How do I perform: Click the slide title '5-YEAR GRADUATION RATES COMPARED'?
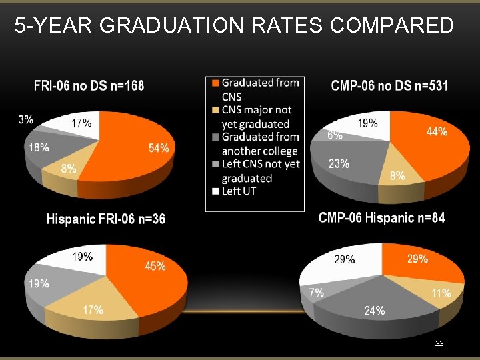click(x=234, y=26)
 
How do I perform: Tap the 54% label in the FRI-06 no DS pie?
click(x=159, y=148)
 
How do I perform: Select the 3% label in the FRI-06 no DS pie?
click(x=26, y=120)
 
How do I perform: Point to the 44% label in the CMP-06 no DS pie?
click(x=437, y=132)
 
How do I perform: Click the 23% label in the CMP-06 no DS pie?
click(x=339, y=164)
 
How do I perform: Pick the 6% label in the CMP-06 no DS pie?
click(x=335, y=135)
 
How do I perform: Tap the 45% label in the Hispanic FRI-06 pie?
click(x=155, y=266)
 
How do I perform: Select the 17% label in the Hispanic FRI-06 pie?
click(x=93, y=309)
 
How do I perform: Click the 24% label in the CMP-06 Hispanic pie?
click(x=374, y=310)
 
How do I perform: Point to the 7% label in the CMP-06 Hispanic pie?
click(x=316, y=292)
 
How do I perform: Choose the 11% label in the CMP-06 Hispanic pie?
click(x=441, y=293)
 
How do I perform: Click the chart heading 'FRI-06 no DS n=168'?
click(x=89, y=85)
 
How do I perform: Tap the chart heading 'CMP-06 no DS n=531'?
click(x=389, y=85)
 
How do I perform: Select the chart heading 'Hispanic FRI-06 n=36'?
click(x=106, y=219)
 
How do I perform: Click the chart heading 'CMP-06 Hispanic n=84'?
click(x=381, y=217)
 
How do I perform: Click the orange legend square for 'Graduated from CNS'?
click(x=215, y=83)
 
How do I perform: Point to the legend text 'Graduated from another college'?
click(x=259, y=143)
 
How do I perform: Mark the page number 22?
click(x=439, y=343)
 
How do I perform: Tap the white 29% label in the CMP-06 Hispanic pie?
click(x=344, y=259)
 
